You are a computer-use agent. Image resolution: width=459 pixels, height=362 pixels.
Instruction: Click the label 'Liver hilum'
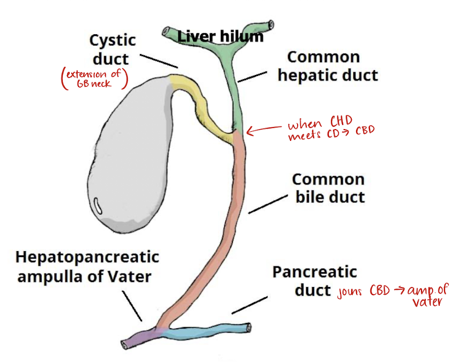coord(220,37)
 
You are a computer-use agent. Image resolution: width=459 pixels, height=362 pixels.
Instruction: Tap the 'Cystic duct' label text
coord(113,49)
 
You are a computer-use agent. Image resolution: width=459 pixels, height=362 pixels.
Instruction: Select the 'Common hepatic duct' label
coord(327,66)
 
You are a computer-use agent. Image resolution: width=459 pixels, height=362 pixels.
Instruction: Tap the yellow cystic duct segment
coord(201,107)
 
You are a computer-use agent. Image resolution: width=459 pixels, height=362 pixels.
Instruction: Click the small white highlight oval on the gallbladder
coord(99,204)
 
